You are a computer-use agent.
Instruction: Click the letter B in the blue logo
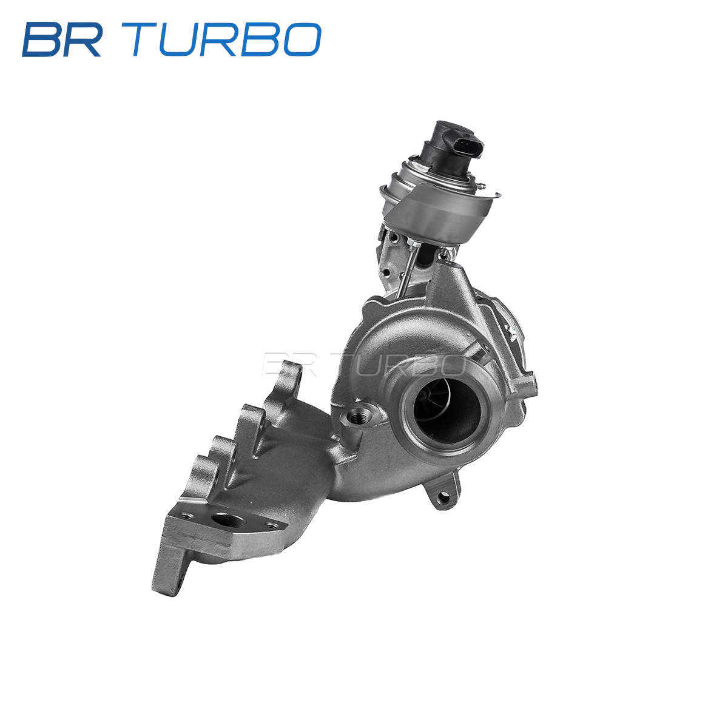pyautogui.click(x=42, y=39)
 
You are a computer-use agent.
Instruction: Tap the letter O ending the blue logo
pyautogui.click(x=302, y=39)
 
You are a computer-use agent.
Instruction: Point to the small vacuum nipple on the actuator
pyautogui.click(x=482, y=186)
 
